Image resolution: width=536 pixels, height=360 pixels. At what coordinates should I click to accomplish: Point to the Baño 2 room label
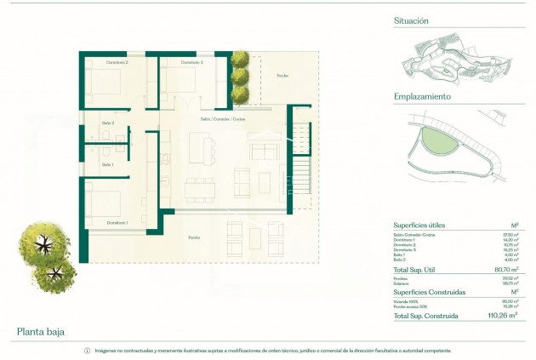coord(107,123)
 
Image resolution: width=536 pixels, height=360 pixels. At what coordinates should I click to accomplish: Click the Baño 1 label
coord(107,164)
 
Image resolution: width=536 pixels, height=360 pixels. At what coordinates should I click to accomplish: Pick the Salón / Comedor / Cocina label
coord(224,119)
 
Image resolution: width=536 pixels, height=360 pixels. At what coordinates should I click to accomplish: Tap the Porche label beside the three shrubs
coord(282,76)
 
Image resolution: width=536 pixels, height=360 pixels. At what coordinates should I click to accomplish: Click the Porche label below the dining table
coord(194,237)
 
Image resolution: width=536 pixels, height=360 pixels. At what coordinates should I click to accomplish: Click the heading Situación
coord(411,20)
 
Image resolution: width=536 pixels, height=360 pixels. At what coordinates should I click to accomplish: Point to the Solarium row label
coord(404,282)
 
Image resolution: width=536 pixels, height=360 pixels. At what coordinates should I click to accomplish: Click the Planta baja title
coord(41,331)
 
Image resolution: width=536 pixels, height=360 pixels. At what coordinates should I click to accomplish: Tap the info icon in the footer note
coord(86,351)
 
